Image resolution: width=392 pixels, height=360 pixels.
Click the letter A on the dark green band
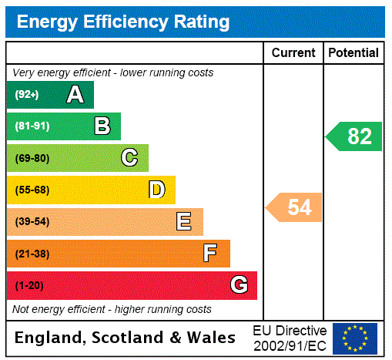(75, 95)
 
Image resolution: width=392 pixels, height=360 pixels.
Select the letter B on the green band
(102, 126)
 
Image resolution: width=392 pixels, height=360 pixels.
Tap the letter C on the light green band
(129, 158)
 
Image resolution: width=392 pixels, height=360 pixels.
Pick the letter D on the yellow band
(156, 190)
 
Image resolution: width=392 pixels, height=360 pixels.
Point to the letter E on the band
(184, 222)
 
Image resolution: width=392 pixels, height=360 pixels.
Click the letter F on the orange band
(210, 254)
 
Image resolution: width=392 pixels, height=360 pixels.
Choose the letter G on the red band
(239, 285)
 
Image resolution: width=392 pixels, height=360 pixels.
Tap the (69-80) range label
(32, 159)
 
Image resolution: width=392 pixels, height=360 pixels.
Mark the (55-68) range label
(32, 190)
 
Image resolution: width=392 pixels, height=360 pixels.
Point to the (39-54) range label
(32, 222)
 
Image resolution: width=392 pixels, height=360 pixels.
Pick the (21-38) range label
(32, 254)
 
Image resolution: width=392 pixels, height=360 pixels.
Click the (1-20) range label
(29, 286)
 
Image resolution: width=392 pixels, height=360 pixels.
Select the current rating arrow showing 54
(294, 207)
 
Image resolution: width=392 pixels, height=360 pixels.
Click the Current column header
(293, 53)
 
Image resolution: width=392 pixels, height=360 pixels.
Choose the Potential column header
(353, 53)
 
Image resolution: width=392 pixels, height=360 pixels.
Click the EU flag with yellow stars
(355, 338)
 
